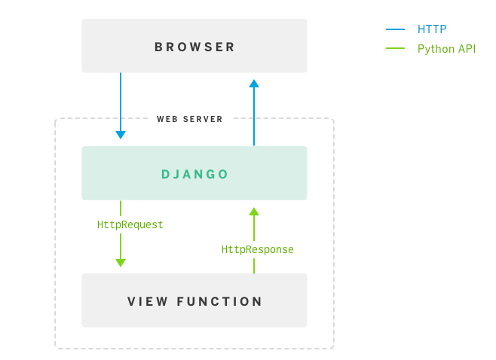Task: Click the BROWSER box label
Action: (x=194, y=47)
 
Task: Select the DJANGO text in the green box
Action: (x=194, y=174)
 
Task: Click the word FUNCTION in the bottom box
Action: (x=219, y=302)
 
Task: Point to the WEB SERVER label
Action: (x=189, y=119)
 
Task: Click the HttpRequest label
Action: (x=130, y=224)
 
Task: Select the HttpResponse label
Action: (x=257, y=249)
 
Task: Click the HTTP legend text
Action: (x=432, y=29)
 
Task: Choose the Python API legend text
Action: (x=446, y=49)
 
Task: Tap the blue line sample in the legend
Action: (x=396, y=29)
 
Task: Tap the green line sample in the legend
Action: (x=396, y=49)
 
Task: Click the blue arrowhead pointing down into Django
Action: (x=121, y=135)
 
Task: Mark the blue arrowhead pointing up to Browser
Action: (x=254, y=84)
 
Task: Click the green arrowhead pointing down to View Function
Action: (x=121, y=262)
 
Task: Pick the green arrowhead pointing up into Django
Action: (x=254, y=212)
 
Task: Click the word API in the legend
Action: (x=466, y=49)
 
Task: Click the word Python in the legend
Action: (x=435, y=49)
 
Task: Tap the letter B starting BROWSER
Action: (x=158, y=47)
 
